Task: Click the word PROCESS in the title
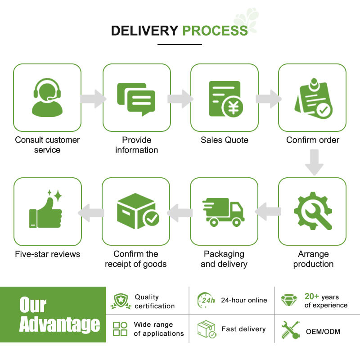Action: coord(215,31)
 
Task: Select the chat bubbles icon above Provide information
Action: coord(136,98)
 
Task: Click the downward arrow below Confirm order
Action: coord(314,162)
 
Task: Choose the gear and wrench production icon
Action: coord(312,211)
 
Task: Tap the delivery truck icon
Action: coord(224,211)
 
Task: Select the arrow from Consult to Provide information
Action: coord(93,98)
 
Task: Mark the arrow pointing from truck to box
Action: coord(179,212)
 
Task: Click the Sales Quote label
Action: coord(224,140)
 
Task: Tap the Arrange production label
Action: coord(313,259)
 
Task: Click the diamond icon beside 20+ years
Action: coord(288,301)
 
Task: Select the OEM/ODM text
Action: coord(323,332)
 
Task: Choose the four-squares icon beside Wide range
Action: coord(120,328)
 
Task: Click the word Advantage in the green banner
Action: coord(59,324)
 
